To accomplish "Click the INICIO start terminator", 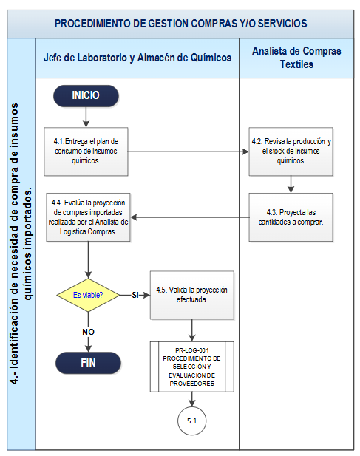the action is [x=86, y=95].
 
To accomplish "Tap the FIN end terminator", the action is [x=88, y=363].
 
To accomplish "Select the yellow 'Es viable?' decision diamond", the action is [x=88, y=295].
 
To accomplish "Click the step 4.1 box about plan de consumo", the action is [x=86, y=152].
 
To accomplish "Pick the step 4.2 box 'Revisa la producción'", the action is [x=291, y=152].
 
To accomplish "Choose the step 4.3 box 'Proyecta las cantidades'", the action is [x=291, y=217].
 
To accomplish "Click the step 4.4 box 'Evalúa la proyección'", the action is [x=88, y=217].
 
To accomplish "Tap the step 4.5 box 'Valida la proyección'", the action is [x=192, y=295].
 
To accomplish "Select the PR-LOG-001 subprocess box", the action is [x=192, y=367].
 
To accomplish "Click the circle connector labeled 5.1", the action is [x=192, y=421].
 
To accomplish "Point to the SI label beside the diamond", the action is [x=135, y=295].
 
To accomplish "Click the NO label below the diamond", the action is [x=88, y=332].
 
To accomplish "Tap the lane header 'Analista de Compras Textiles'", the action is [x=296, y=58].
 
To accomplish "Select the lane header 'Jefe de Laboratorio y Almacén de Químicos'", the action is [x=137, y=58].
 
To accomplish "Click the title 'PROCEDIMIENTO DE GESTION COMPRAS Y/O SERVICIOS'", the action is [x=180, y=24].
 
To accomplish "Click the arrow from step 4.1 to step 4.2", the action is [x=189, y=152].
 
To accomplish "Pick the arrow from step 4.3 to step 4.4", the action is [x=190, y=217].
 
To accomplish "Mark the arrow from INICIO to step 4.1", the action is [x=86, y=117].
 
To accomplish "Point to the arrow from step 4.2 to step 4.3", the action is [x=291, y=184].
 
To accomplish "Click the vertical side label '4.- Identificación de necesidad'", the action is [x=21, y=244].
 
